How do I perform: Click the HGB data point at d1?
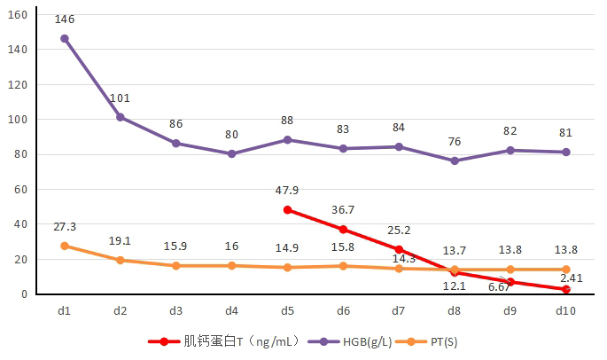click(65, 39)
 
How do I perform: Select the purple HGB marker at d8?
click(455, 160)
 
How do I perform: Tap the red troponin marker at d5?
click(288, 210)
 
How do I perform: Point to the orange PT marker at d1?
click(65, 246)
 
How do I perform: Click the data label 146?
click(64, 19)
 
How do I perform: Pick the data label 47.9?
click(288, 190)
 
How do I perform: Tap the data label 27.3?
click(65, 226)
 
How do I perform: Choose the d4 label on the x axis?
click(231, 311)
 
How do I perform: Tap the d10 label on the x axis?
click(566, 311)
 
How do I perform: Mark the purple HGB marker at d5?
click(288, 140)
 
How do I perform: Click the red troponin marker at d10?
click(566, 289)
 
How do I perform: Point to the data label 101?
click(121, 98)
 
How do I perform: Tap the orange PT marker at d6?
click(343, 266)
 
